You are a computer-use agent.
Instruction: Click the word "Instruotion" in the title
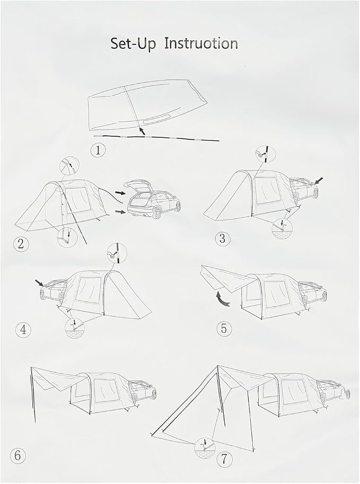tap(201, 43)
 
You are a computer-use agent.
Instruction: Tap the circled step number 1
tap(98, 151)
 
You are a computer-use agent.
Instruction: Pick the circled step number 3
tap(223, 239)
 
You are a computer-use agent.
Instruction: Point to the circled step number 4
tap(23, 330)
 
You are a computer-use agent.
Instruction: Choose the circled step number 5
tap(224, 329)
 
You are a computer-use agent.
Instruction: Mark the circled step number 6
tap(18, 455)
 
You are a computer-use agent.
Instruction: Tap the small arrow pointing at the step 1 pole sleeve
tap(142, 131)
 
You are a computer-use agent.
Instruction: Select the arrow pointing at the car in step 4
tap(39, 282)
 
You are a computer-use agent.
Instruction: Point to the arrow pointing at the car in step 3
tap(319, 180)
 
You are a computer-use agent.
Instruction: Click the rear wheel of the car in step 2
tap(157, 213)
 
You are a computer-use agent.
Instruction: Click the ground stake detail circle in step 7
tap(205, 448)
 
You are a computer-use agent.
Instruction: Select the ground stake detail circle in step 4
tap(75, 328)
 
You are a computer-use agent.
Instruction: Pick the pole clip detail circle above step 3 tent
tap(265, 153)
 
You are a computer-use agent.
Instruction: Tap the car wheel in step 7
tap(348, 394)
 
